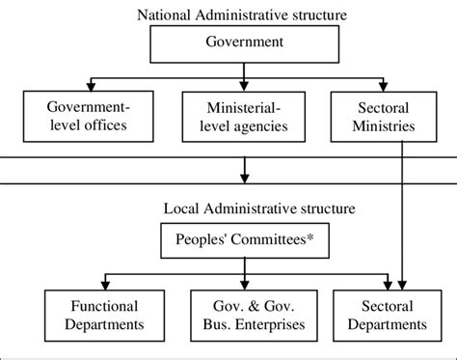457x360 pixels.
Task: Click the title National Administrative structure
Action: pyautogui.click(x=240, y=14)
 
